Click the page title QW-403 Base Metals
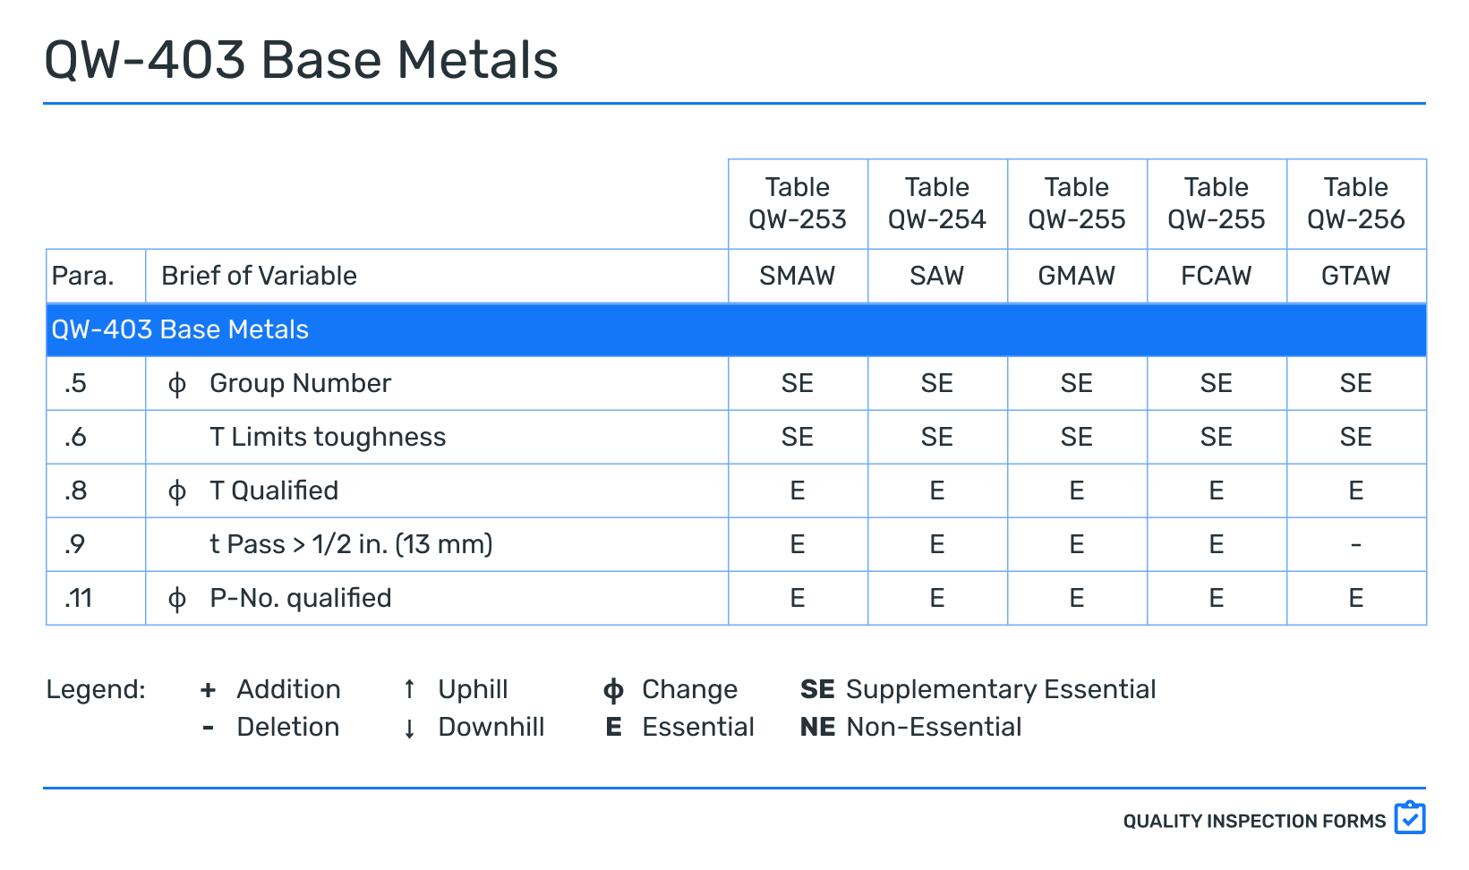click(301, 61)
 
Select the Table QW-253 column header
click(798, 203)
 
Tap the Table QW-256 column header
click(1355, 203)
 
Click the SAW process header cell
click(936, 276)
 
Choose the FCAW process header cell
click(1216, 276)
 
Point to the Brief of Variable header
click(259, 276)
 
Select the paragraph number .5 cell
click(76, 383)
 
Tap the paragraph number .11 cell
click(79, 598)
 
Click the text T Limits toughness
click(328, 437)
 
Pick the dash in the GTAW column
click(1355, 544)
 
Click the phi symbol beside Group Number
click(177, 384)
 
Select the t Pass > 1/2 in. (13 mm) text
click(351, 544)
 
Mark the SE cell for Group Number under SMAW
click(798, 383)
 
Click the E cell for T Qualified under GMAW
click(1076, 490)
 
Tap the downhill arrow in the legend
click(409, 728)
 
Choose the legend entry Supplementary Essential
click(1000, 689)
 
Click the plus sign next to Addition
click(208, 689)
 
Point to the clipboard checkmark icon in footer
click(1409, 818)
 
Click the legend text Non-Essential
click(934, 727)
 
